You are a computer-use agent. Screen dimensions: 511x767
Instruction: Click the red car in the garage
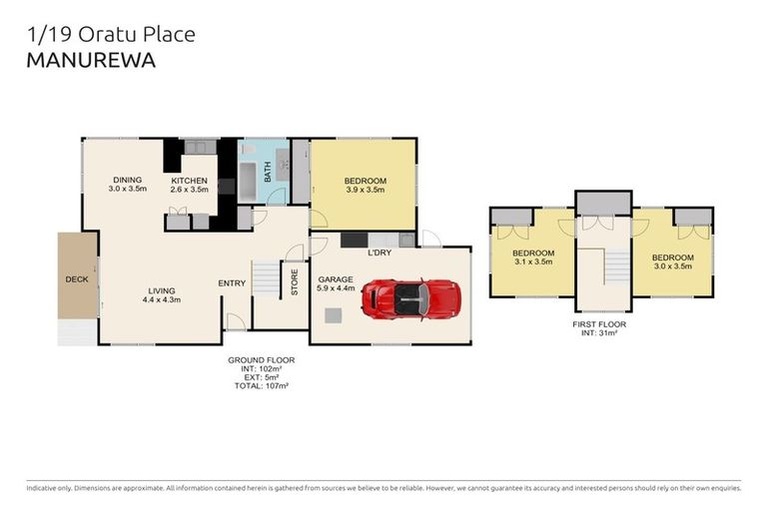[x=410, y=297]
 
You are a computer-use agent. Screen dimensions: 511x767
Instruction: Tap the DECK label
[x=76, y=279]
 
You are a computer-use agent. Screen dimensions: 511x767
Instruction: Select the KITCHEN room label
[x=189, y=181]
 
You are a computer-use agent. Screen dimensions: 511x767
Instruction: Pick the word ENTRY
[x=232, y=283]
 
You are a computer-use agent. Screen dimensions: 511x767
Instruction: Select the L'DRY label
[x=379, y=254]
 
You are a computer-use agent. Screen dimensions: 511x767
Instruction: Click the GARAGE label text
[x=337, y=280]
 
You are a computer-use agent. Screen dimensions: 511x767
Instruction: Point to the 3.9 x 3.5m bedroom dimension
[x=366, y=190]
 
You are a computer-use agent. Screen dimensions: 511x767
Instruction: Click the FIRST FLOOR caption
[x=601, y=325]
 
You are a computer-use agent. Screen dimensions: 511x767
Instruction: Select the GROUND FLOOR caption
[x=261, y=359]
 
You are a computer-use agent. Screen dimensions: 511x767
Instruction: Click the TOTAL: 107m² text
[x=261, y=384]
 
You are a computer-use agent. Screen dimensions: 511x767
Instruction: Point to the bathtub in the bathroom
[x=250, y=180]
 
